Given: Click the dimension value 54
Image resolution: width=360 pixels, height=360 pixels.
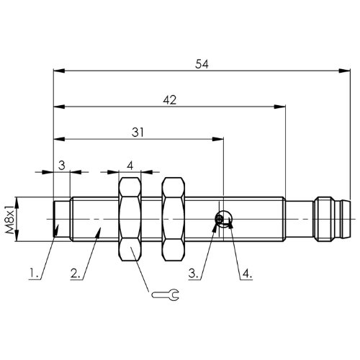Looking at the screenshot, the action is (202, 64).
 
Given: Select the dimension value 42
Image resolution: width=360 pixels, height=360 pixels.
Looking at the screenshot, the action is (170, 100).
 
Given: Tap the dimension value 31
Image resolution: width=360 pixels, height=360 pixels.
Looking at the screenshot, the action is (138, 132).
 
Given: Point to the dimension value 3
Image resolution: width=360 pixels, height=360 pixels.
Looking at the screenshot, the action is (62, 166).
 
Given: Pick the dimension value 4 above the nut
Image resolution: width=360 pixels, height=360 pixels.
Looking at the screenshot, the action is (130, 166).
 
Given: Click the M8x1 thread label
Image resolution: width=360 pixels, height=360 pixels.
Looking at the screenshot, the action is (10, 219).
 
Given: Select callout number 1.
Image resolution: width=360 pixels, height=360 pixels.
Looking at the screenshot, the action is (34, 274).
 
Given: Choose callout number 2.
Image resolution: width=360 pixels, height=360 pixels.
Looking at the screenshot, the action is (76, 274).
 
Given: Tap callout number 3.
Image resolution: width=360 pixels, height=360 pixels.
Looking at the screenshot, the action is (193, 274).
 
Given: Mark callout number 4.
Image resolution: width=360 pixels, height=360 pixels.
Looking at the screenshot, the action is (247, 274).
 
